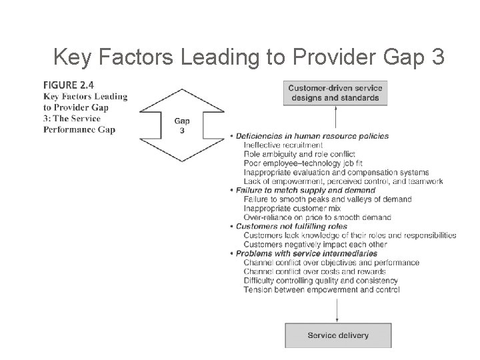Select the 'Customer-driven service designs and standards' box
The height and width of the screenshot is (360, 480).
pyautogui.click(x=335, y=93)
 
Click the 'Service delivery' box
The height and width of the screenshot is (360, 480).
pyautogui.click(x=339, y=335)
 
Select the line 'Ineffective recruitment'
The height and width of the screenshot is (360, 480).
pyautogui.click(x=283, y=145)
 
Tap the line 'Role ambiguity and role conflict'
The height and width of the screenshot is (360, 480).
pyautogui.click(x=301, y=154)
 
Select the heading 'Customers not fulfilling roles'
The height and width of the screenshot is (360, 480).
pyautogui.click(x=293, y=227)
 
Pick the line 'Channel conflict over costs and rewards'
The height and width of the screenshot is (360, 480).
pyautogui.click(x=315, y=271)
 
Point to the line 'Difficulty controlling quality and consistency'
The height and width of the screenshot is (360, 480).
pyautogui.click(x=321, y=281)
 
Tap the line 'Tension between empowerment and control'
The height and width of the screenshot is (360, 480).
pyautogui.click(x=321, y=290)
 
